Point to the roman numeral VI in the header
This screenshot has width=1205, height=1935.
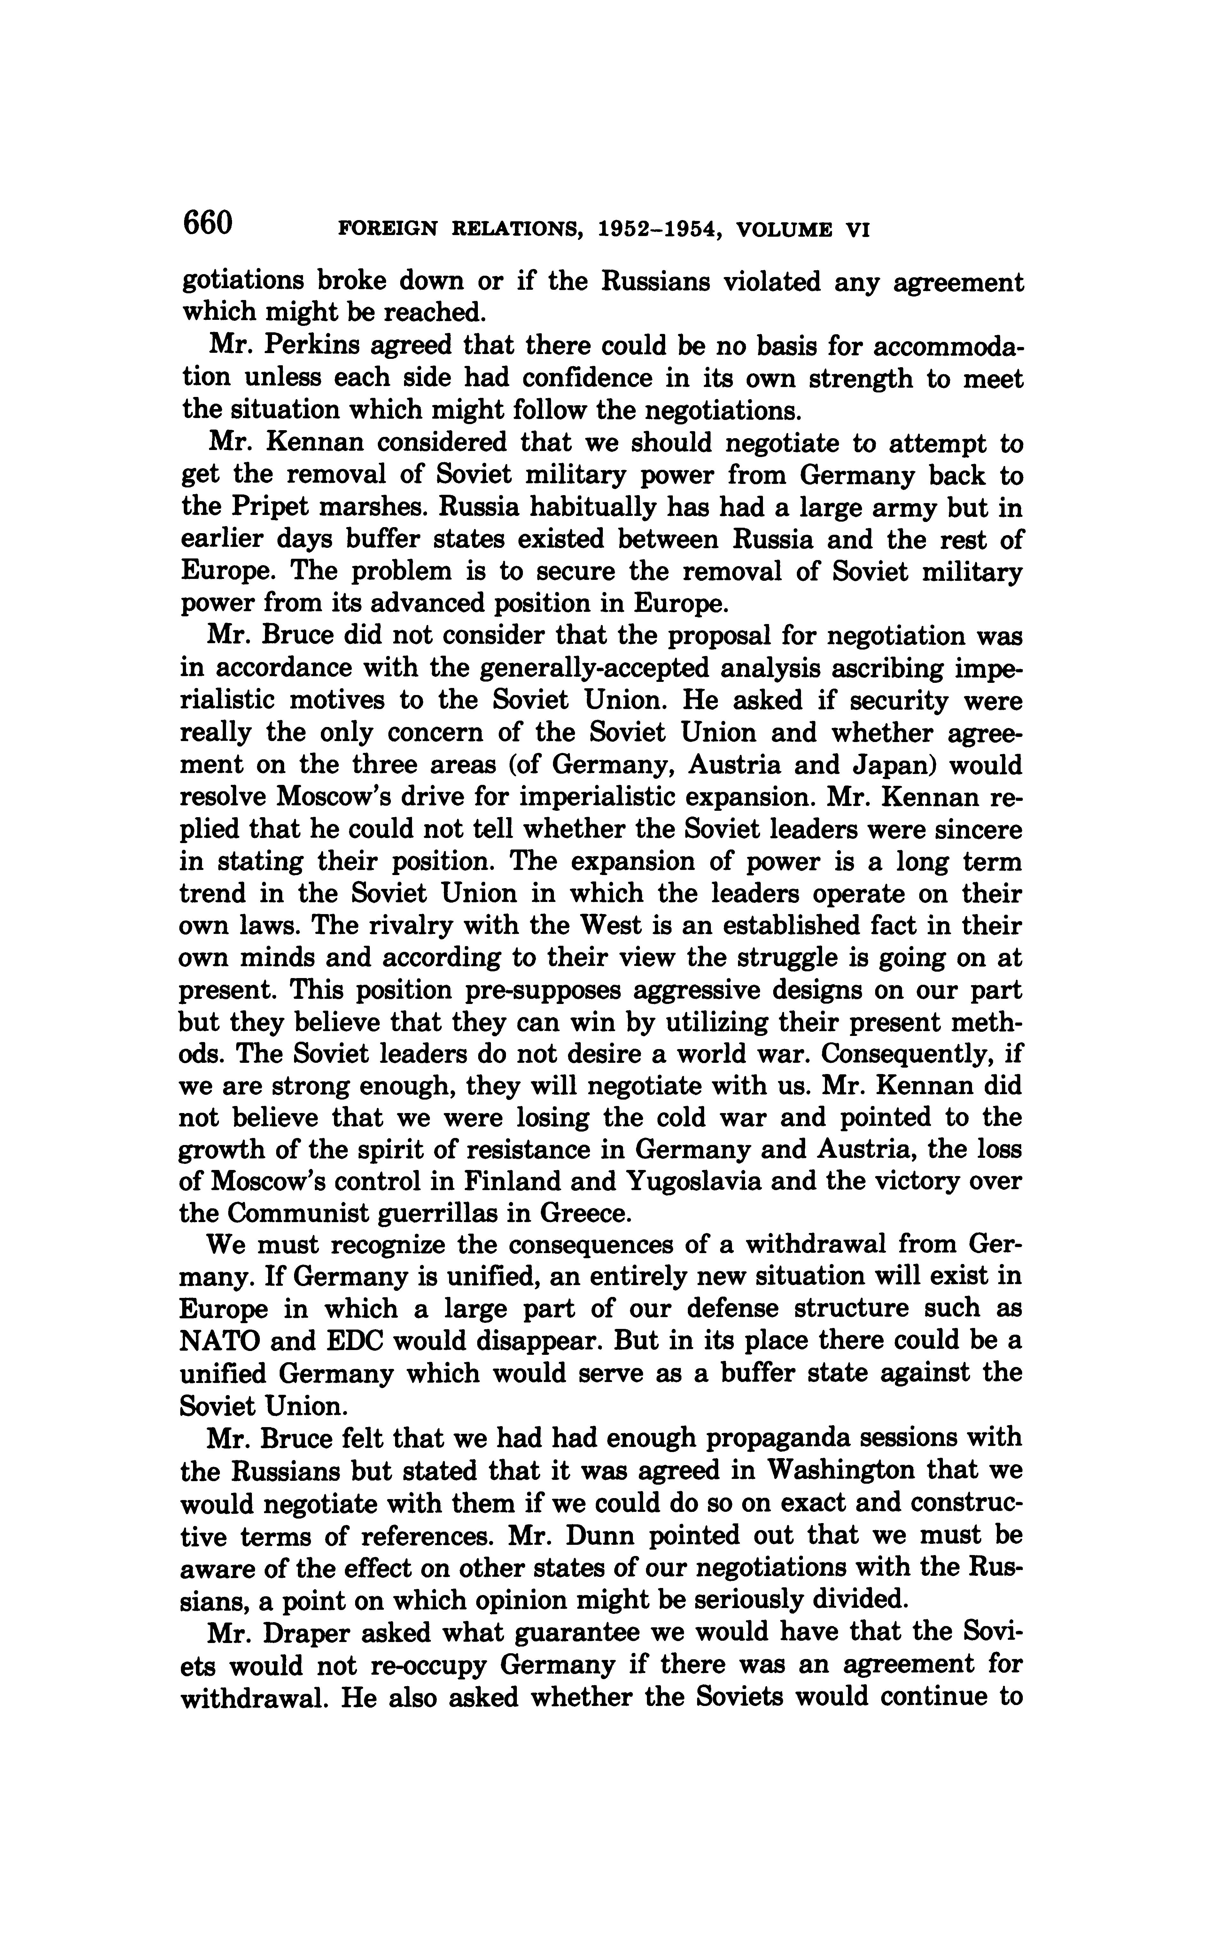(x=853, y=230)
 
